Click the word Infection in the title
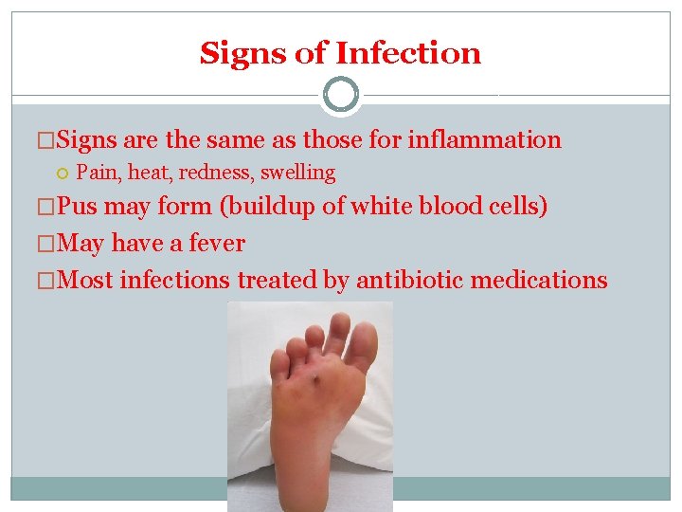[x=409, y=53]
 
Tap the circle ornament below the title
[x=341, y=95]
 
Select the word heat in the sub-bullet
[x=151, y=173]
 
